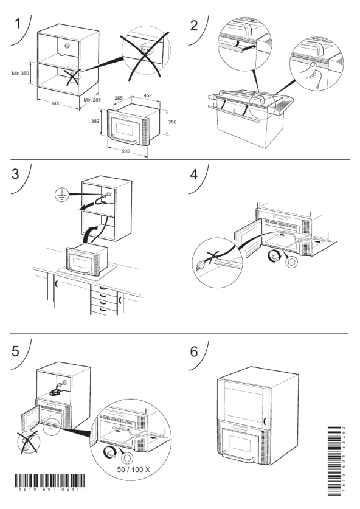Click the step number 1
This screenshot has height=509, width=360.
click(18, 24)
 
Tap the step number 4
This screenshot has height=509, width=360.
click(194, 175)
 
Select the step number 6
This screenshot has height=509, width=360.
click(194, 351)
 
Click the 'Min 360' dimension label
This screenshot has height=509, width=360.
click(21, 73)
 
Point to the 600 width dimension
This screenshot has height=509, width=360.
click(56, 103)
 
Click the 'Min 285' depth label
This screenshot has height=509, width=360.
click(92, 100)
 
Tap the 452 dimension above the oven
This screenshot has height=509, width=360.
click(148, 95)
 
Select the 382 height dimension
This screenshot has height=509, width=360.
click(95, 121)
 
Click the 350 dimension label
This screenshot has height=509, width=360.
click(172, 122)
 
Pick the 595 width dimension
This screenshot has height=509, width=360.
click(126, 151)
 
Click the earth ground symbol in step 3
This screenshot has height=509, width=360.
click(61, 195)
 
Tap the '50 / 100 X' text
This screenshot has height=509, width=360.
click(133, 469)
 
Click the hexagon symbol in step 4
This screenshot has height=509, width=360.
click(291, 262)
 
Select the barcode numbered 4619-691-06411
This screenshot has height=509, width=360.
click(50, 482)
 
